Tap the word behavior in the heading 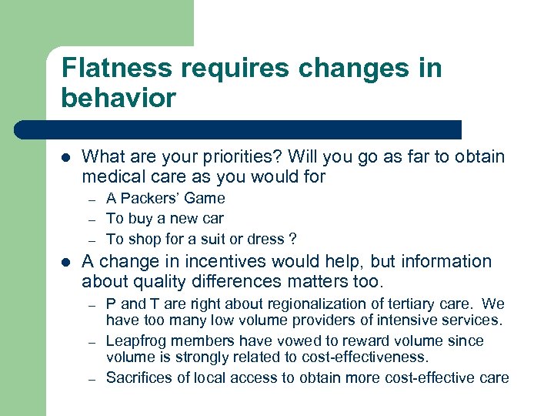pos(119,99)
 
